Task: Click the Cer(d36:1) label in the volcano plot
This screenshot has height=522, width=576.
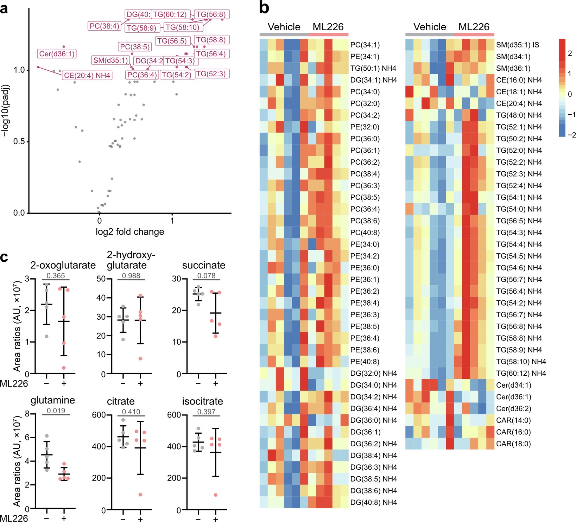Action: coord(57,54)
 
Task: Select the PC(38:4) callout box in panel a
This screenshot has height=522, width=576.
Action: coord(105,26)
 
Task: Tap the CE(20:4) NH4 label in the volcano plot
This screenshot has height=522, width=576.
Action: coord(87,76)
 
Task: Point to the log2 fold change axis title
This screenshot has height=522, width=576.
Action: coord(130,232)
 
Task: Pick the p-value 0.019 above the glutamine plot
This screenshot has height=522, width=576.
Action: coord(56,410)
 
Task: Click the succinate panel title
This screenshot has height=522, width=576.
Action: coord(204,265)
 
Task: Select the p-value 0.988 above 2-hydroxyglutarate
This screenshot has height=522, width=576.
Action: coord(131,276)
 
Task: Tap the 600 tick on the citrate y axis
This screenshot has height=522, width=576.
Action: coord(99,415)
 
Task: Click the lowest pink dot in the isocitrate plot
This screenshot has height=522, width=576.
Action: coord(215,495)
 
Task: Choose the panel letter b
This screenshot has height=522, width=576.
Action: coord(264,8)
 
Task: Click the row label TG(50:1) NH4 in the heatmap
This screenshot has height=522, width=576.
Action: coord(373,68)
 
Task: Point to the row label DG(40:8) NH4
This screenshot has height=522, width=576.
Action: coord(374,502)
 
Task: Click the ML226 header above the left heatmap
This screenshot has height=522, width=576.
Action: coord(328,27)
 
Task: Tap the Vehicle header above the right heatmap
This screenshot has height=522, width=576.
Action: coord(430,27)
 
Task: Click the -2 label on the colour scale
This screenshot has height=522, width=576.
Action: coord(572,135)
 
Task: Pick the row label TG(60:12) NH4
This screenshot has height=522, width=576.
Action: coord(521,373)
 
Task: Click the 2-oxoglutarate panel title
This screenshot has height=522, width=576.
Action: coord(63,265)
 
